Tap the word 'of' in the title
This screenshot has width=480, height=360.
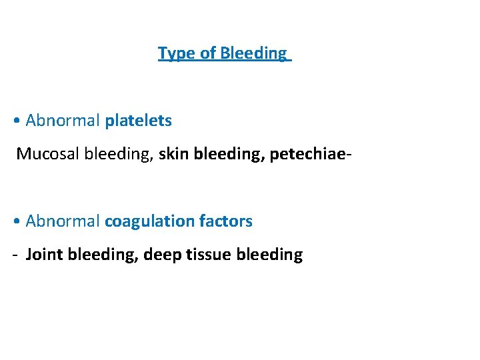pyautogui.click(x=207, y=53)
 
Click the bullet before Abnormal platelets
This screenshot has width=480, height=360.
pyautogui.click(x=16, y=121)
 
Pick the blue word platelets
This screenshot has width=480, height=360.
pyautogui.click(x=138, y=121)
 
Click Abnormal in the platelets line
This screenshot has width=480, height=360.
pyautogui.click(x=63, y=121)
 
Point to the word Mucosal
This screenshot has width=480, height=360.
pyautogui.click(x=43, y=154)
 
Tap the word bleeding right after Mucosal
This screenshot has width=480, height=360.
pyautogui.click(x=115, y=154)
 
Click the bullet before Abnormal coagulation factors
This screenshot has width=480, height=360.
pyautogui.click(x=16, y=221)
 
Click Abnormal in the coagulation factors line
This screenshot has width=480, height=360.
pyautogui.click(x=63, y=221)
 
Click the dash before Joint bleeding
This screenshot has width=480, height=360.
pyautogui.click(x=15, y=255)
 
